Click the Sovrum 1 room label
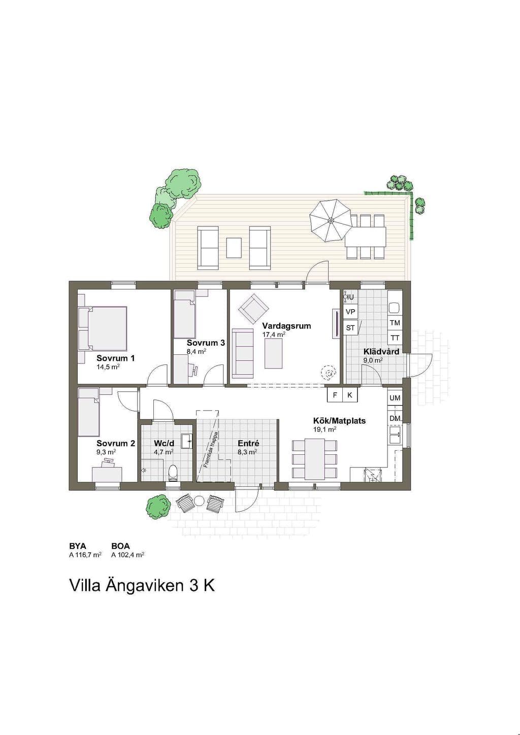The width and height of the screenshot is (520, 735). pos(116,358)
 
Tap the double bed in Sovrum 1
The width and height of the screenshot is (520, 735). pos(103,328)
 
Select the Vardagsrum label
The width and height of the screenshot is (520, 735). pos(286,326)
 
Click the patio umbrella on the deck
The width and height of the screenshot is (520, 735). pos(331,221)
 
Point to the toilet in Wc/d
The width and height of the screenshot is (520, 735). pos(172,473)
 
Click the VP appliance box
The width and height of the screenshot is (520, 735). pos(350,312)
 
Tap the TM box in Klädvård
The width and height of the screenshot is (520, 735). pos(395,323)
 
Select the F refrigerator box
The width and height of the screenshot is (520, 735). pos(335,395)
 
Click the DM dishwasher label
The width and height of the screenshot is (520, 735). pos(395,418)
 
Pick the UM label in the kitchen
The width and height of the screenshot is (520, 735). pos(395,398)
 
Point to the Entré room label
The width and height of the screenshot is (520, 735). pos(248,443)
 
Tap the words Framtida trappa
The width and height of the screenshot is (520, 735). pos(211,449)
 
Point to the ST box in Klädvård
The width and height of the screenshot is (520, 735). pos(350,327)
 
